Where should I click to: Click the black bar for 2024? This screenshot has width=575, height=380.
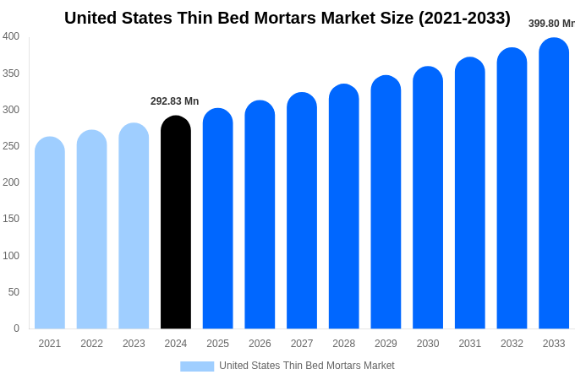point(176,224)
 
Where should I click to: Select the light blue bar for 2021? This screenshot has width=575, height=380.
point(50,234)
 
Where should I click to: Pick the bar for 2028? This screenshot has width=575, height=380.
point(344,208)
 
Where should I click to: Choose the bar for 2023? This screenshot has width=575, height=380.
point(134,227)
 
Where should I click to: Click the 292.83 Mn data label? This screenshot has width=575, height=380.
point(175,101)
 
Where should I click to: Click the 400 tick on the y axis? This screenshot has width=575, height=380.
point(11,36)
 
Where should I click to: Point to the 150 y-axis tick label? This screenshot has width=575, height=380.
point(11,219)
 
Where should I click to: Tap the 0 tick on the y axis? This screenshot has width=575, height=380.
point(16,328)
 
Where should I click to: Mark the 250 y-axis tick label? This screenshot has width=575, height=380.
point(11,146)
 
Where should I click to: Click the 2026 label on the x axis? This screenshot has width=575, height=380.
point(260,344)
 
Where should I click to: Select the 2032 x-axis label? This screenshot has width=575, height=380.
point(512,344)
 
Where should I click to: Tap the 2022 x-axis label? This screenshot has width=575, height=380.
point(91,344)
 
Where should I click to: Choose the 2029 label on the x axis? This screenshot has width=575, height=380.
point(386,344)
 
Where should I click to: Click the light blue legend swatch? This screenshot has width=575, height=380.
point(197,366)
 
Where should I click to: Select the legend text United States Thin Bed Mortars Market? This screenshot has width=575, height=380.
point(307,366)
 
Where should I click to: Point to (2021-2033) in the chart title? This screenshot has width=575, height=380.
point(464,18)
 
